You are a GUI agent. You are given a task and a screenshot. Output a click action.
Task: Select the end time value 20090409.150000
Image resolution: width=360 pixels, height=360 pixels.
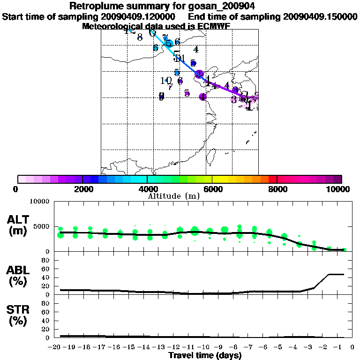click(x=320, y=16)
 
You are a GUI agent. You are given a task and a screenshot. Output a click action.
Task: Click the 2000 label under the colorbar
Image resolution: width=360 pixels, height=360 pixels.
click(x=82, y=189)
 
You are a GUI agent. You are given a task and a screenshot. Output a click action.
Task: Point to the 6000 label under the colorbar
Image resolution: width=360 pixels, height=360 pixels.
click(x=212, y=189)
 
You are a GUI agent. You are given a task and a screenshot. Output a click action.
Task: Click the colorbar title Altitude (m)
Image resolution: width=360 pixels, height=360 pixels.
click(x=173, y=196)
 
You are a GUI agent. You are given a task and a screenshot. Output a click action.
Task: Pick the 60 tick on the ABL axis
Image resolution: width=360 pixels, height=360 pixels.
click(x=46, y=269)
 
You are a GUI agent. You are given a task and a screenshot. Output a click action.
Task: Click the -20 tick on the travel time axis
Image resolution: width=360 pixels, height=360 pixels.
click(x=55, y=347)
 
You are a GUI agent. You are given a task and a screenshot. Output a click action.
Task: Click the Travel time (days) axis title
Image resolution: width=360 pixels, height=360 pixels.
click(x=205, y=355)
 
